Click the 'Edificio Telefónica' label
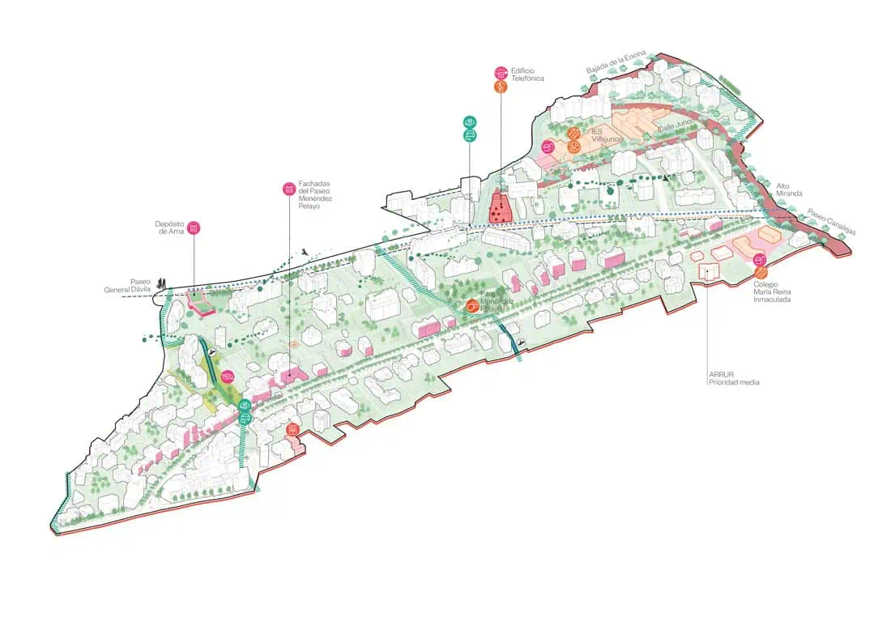pos(527,74)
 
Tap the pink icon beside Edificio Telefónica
pos(501,72)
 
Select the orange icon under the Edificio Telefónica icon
pos(501,86)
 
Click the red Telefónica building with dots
pos(500,209)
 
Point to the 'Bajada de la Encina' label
pos(616,64)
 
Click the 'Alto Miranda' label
pos(788,189)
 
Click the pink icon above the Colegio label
pos(760,259)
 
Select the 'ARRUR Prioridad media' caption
pos(732,378)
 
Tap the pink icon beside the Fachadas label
pos(288,189)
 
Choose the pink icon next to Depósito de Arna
pos(194,228)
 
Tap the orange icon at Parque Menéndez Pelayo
pos(471,305)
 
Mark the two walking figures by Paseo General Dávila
pos(163,283)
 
